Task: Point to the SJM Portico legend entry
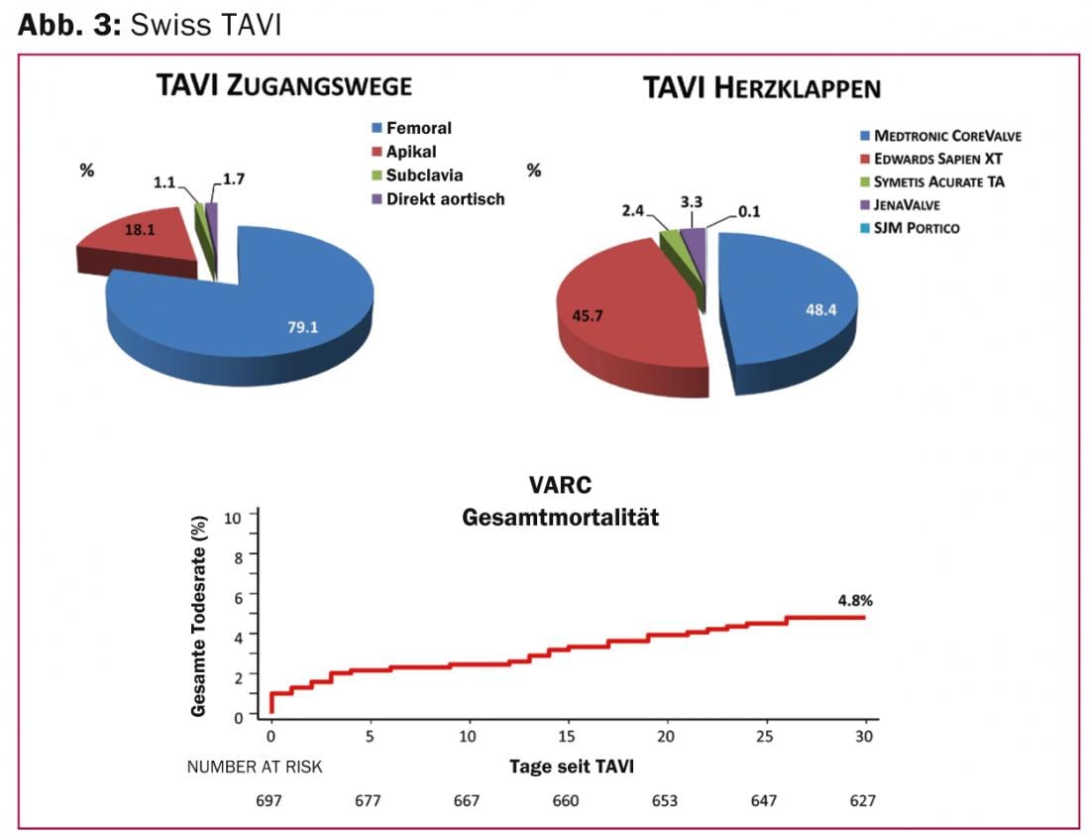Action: click(910, 228)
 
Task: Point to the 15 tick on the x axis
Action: click(567, 737)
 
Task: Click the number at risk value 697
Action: click(271, 800)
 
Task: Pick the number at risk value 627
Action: click(862, 800)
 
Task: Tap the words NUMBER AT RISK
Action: click(255, 767)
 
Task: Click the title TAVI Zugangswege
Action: click(283, 86)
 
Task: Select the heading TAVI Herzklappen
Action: click(761, 88)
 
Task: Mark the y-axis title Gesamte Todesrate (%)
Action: click(199, 615)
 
